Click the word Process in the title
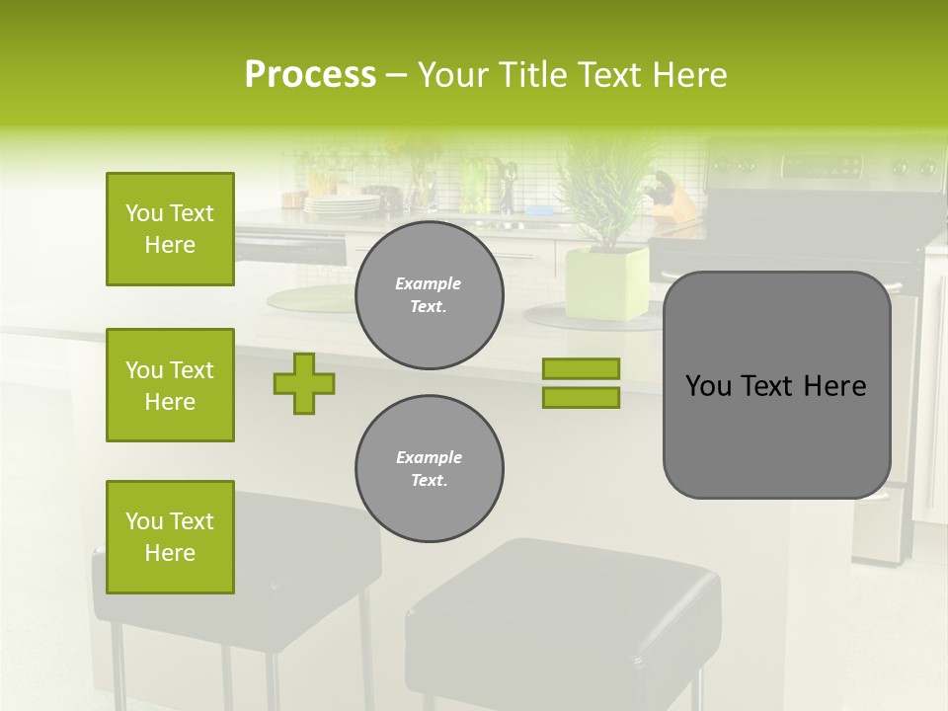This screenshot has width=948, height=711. tap(310, 75)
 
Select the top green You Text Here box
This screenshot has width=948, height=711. tap(170, 229)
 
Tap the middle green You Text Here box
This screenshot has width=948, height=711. tap(170, 385)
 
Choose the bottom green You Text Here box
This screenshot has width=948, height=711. tap(170, 537)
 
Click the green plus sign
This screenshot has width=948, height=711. tap(304, 383)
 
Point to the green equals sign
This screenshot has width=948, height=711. tap(581, 383)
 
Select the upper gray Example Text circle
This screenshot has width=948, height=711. tap(430, 295)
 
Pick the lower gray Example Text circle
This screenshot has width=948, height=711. tap(430, 469)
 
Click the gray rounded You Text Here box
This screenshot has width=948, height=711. tap(776, 385)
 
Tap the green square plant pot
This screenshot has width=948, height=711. tap(606, 284)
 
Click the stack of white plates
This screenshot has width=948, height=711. tap(342, 204)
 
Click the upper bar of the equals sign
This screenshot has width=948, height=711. tap(581, 369)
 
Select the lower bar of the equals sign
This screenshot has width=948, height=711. tap(581, 398)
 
